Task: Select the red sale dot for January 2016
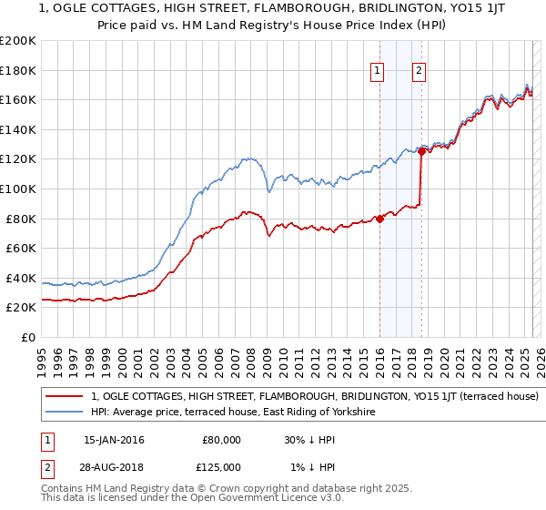[379, 219]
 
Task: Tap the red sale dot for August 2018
[421, 152]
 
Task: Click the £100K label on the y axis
[18, 189]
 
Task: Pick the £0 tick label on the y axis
[29, 337]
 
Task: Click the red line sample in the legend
[65, 396]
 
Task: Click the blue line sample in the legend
[65, 412]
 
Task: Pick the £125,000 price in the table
[221, 467]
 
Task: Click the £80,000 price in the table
[221, 440]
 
